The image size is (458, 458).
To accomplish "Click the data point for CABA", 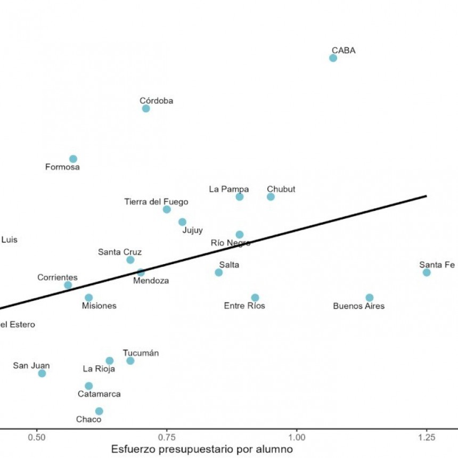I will [x=333, y=58].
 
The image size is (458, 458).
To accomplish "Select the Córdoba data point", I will [x=146, y=109].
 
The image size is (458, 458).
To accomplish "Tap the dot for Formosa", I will [x=73, y=159].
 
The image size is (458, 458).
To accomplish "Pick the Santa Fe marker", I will [x=427, y=273].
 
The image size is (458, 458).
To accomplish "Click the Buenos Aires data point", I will [x=370, y=298].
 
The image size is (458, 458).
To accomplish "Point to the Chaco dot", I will [x=99, y=411].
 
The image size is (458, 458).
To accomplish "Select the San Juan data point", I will [x=42, y=373].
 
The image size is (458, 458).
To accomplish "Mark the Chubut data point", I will [x=271, y=197].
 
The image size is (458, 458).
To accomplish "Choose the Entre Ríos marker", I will [x=255, y=298].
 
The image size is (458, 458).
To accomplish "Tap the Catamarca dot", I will [x=89, y=386].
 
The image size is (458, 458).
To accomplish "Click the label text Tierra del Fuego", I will [x=156, y=202].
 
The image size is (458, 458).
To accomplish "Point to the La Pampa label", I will [x=229, y=189].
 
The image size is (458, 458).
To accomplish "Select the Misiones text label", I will [x=99, y=306].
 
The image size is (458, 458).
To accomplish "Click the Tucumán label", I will [x=141, y=353].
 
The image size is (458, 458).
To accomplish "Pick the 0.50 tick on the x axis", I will [x=37, y=435].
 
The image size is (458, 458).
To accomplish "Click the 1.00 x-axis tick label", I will [x=297, y=435].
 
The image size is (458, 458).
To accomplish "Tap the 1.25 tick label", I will [x=427, y=435].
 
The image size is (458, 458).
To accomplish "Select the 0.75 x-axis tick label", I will [x=167, y=435].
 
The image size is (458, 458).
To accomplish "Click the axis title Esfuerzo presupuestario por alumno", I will [x=202, y=449].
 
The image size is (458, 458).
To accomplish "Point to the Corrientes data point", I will [x=68, y=285].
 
